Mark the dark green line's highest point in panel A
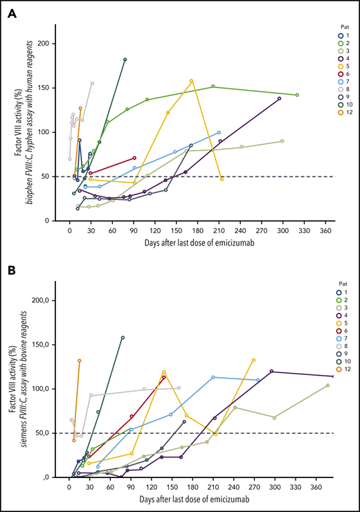tap(125, 60)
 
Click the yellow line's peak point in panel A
tap(191, 81)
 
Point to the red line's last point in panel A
tap(134, 158)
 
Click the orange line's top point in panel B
tap(80, 360)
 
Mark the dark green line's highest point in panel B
tap(123, 338)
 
